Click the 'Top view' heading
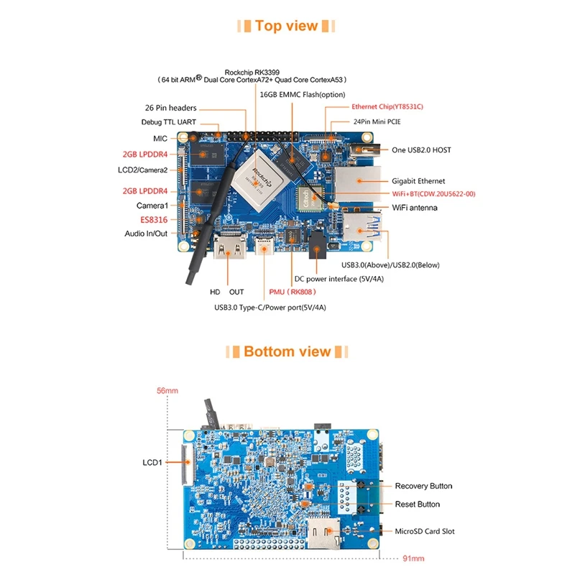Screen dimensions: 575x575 point(287,26)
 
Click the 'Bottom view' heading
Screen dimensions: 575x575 point(287,351)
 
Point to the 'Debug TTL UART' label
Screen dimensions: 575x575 point(169,122)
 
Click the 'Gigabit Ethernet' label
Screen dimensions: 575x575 point(418,181)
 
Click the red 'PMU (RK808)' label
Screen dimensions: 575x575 point(293,292)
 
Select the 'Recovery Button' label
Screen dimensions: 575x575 point(423,486)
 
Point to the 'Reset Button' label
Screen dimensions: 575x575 point(418,504)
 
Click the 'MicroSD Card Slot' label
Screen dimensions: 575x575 point(424,531)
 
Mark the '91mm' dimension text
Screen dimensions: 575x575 point(413,558)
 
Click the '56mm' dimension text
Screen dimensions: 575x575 point(167,391)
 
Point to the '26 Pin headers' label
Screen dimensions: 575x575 point(170,108)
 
